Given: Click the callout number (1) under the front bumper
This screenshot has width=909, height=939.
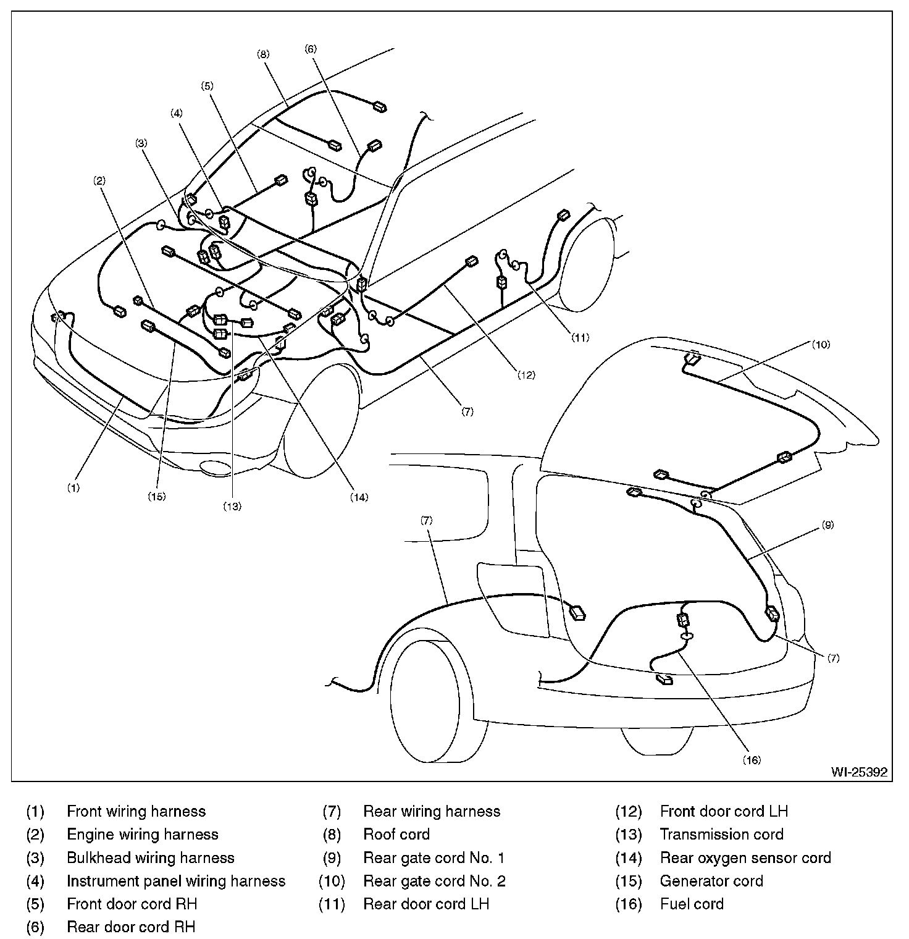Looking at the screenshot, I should (73, 487).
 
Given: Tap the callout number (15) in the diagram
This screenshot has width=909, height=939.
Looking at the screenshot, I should (157, 495).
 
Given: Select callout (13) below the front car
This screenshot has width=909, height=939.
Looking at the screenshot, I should (232, 506).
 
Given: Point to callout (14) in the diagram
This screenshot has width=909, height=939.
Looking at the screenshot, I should (359, 496).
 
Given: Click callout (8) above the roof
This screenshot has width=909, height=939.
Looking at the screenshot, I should (263, 54).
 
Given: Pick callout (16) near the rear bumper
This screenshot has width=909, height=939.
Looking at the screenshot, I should (752, 760).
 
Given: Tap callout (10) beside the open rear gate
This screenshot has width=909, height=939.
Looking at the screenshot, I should (821, 345).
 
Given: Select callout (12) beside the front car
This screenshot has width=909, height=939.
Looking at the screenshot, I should (526, 374).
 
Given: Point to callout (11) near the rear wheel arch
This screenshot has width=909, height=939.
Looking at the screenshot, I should (580, 337).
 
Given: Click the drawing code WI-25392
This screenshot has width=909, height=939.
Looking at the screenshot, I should (859, 772).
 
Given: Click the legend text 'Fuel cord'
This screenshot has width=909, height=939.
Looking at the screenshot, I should (692, 904).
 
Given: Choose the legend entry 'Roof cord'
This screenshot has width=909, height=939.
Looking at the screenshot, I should (396, 835).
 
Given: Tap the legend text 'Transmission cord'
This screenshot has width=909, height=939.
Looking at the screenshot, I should (721, 835).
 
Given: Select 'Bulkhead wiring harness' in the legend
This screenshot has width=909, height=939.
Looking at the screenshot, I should (151, 858).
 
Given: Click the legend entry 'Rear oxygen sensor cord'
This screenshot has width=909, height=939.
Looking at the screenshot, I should (745, 858).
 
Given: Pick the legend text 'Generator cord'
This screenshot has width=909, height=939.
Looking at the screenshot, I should (711, 881).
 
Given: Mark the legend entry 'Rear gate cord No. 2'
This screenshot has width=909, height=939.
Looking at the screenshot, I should (434, 881).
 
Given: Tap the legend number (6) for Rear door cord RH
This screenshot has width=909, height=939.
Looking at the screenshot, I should (35, 927).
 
